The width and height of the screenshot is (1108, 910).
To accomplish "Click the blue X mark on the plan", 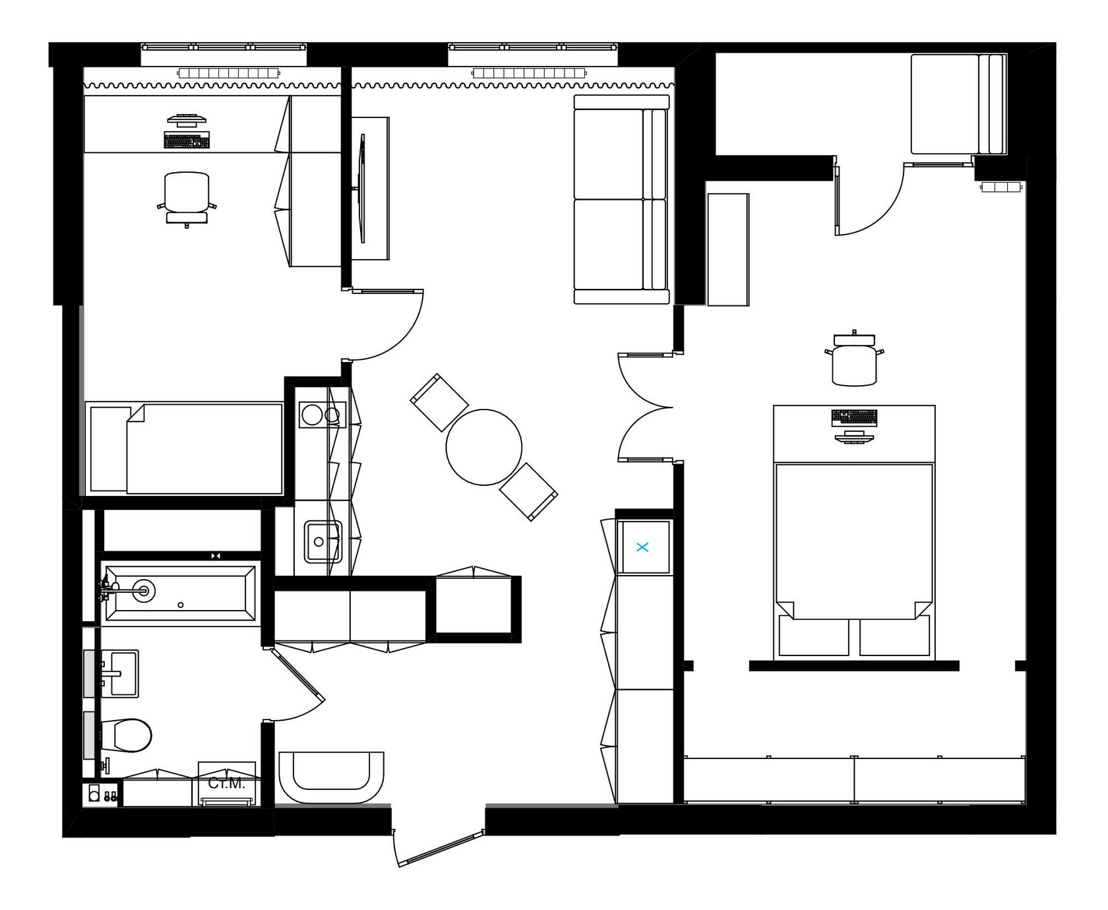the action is [644, 547].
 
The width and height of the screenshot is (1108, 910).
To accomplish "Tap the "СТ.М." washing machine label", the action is [226, 783].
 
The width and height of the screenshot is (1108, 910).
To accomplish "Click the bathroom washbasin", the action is [119, 673].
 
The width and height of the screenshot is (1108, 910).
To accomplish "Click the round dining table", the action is [484, 447].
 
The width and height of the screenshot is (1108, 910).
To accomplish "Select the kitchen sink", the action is [322, 541].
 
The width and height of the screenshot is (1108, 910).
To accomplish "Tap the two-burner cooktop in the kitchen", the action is [321, 415].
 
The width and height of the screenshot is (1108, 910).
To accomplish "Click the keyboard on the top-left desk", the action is [187, 140].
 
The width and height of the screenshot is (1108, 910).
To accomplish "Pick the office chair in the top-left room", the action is [187, 198].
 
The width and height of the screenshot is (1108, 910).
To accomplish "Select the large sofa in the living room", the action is [621, 199].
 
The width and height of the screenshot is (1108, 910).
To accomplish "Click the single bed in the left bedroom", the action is [186, 448].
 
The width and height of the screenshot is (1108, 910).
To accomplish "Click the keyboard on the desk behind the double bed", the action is [855, 417].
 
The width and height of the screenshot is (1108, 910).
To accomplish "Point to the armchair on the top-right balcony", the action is [958, 104].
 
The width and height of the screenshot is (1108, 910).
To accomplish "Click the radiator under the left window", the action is [227, 73].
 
